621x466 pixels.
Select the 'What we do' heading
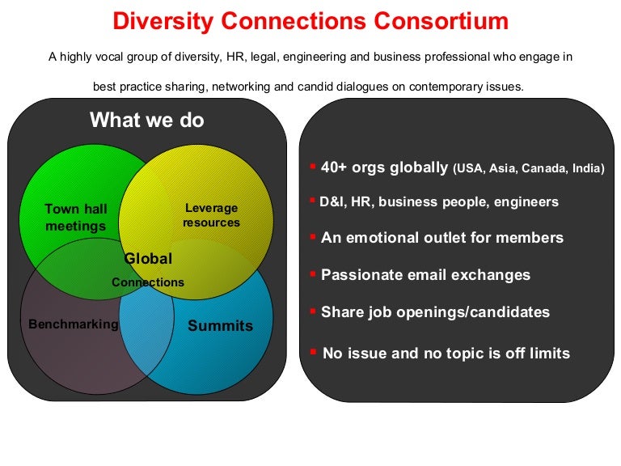click(147, 121)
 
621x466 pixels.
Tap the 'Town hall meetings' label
click(75, 218)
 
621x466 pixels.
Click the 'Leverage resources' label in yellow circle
click(211, 215)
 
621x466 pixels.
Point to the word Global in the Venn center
click(148, 259)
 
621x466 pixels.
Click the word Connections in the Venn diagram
click(148, 282)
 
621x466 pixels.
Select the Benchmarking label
click(74, 324)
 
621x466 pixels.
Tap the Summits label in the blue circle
click(220, 326)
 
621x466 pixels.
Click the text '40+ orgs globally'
click(384, 167)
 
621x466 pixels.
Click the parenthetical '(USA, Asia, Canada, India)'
click(528, 169)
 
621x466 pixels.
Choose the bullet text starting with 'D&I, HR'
click(439, 202)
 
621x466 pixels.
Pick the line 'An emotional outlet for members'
click(442, 238)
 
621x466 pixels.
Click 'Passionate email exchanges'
click(425, 275)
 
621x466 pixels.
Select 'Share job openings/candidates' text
click(435, 312)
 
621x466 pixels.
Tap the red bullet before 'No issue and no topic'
click(313, 350)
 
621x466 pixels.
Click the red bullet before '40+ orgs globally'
click(312, 166)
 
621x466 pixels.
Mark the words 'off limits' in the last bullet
click(541, 354)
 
